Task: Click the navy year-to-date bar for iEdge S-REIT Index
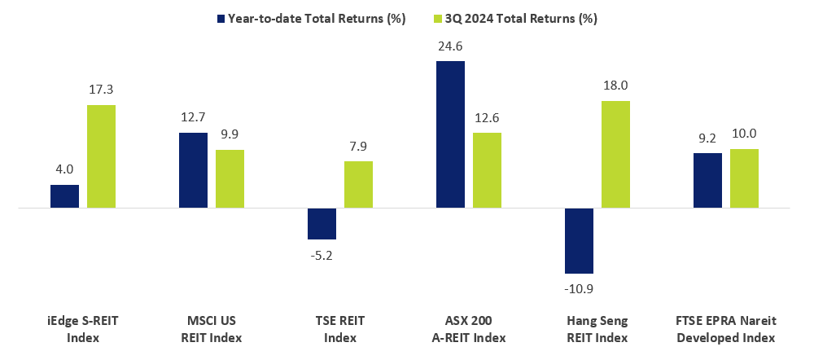click(x=64, y=196)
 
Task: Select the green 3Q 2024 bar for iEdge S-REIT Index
click(x=101, y=156)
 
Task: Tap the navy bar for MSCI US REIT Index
click(x=193, y=170)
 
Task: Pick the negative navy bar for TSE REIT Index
click(x=322, y=224)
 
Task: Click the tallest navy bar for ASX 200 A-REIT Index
click(x=450, y=134)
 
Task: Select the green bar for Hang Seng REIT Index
click(x=615, y=155)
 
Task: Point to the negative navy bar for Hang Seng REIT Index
click(x=579, y=241)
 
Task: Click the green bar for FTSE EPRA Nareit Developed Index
click(x=744, y=178)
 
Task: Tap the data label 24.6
click(x=450, y=48)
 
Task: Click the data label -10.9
click(x=579, y=288)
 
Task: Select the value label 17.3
click(x=101, y=91)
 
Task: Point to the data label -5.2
click(x=322, y=254)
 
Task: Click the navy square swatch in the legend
click(x=221, y=18)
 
